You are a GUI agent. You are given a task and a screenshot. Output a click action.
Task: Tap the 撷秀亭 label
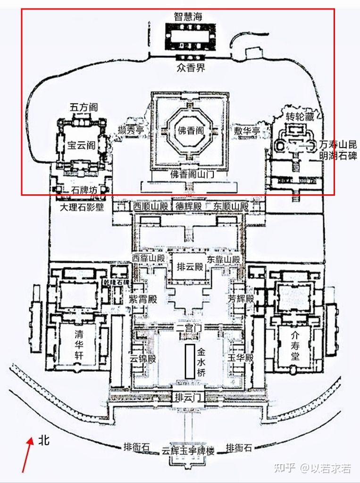[x=131, y=131]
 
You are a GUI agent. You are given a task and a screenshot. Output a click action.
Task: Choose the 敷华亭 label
[x=248, y=131]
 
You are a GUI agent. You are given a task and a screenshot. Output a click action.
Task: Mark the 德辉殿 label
[x=189, y=206]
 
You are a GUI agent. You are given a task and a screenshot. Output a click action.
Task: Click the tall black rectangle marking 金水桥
[x=189, y=361]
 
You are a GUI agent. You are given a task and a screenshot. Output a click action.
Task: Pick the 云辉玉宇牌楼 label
[x=188, y=451]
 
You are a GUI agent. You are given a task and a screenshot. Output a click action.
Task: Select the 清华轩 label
[x=79, y=345]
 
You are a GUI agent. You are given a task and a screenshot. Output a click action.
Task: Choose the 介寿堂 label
[x=295, y=345]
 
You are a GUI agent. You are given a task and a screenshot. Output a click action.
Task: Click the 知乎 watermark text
[x=285, y=468]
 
